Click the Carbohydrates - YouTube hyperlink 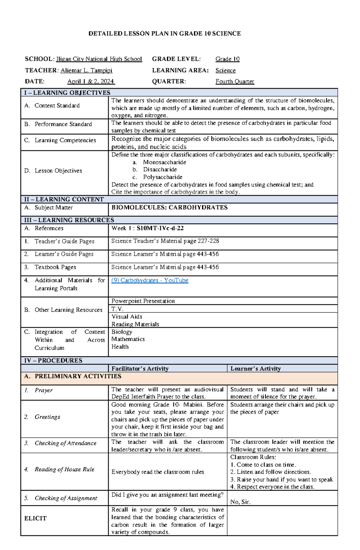(150, 280)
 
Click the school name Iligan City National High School (99, 59)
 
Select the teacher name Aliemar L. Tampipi (86, 70)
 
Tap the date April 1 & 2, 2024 (91, 82)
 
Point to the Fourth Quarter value (235, 82)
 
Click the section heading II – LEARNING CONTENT (64, 199)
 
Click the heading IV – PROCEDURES (53, 360)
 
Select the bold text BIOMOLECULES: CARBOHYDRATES (169, 207)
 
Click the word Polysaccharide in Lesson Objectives (163, 177)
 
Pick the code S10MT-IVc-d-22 (160, 228)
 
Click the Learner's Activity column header (255, 369)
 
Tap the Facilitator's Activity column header (140, 369)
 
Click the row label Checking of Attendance (65, 443)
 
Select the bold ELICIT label (35, 518)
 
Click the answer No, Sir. (240, 502)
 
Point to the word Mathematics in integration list (128, 339)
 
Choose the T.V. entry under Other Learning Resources (117, 309)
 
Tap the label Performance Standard (63, 124)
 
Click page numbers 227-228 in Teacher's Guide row (208, 241)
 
